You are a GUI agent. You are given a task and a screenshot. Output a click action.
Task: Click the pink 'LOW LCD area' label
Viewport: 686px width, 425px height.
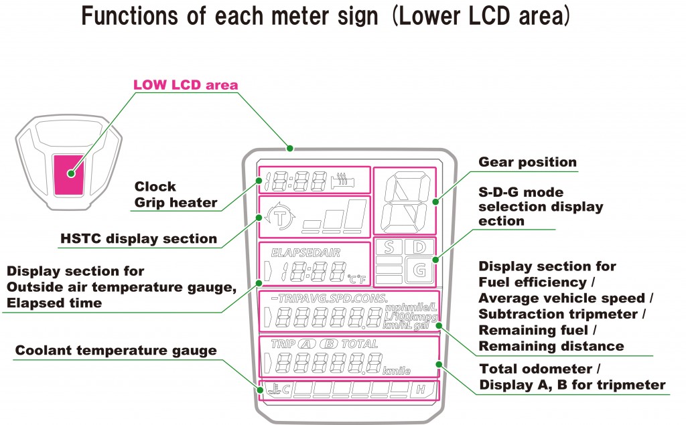[186, 85]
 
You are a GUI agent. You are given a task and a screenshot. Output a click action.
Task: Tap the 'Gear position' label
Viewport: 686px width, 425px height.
[527, 162]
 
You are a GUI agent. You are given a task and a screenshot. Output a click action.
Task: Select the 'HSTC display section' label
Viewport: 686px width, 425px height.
[139, 239]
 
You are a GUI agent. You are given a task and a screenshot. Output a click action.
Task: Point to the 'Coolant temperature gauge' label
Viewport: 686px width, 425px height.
[116, 350]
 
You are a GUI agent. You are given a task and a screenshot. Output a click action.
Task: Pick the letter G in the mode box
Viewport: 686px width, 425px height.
[419, 270]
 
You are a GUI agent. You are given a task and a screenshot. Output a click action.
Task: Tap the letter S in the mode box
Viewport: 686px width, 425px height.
[389, 248]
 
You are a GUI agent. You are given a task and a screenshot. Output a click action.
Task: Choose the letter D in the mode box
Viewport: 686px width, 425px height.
[419, 248]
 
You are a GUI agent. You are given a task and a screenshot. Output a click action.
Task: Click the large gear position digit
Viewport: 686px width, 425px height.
[405, 200]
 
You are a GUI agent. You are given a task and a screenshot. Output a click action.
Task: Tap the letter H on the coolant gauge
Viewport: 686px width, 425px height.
[421, 390]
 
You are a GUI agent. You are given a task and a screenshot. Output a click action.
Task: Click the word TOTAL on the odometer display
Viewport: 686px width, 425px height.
[360, 344]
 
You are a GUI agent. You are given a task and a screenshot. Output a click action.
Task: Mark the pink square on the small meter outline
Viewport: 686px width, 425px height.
[70, 173]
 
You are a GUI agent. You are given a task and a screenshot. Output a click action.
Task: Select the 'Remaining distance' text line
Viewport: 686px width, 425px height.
[551, 346]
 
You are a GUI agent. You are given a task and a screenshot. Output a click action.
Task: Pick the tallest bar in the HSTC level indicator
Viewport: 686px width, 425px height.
[357, 214]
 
